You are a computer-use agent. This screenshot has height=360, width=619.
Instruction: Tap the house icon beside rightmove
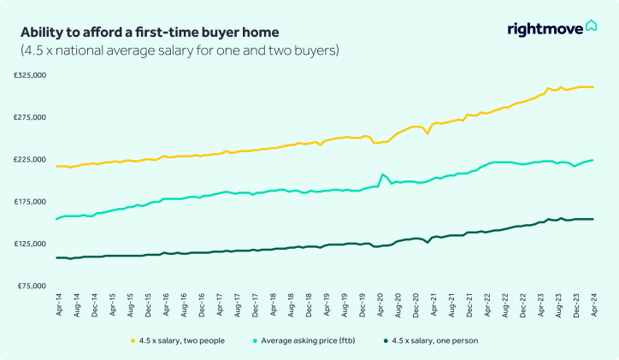click(592, 27)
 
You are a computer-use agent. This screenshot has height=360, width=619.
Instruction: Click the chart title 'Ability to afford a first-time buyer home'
click(150, 32)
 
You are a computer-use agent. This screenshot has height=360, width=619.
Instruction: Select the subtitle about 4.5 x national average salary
click(180, 50)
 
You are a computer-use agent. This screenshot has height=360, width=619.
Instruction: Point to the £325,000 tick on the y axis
click(29, 75)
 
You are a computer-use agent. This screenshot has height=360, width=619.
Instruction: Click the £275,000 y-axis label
click(29, 117)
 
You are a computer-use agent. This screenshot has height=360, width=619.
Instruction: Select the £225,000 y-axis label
click(29, 159)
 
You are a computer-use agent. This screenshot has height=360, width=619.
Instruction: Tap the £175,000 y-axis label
click(29, 201)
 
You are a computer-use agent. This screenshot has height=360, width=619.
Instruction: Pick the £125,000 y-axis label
click(29, 244)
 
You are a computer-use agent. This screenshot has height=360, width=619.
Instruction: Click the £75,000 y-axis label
click(31, 286)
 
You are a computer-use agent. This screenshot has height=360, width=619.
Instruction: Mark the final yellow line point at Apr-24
click(592, 87)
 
